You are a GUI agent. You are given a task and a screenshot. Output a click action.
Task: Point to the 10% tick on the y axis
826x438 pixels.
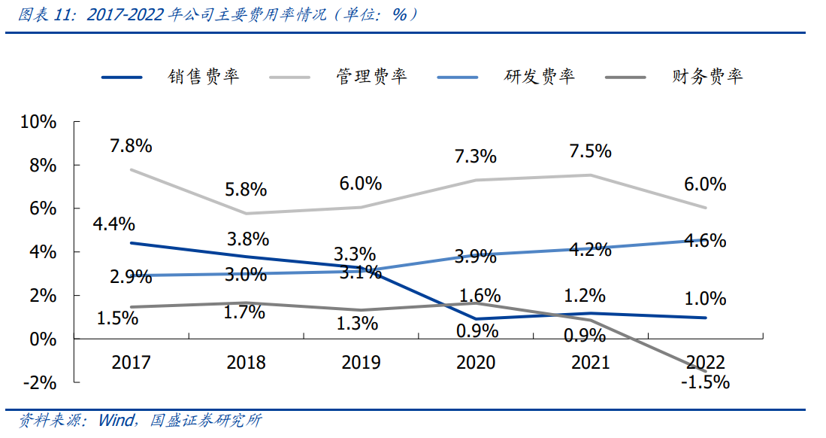coord(37,122)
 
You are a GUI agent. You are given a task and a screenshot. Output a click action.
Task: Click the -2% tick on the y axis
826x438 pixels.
coord(39,382)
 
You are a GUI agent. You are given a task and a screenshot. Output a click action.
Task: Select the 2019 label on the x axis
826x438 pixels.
coord(361,362)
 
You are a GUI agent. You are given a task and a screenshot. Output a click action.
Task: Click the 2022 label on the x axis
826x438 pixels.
coord(705,362)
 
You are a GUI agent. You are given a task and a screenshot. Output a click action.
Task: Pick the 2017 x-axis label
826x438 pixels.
coord(132,362)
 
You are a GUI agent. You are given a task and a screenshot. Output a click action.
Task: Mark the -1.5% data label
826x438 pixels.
coord(705,382)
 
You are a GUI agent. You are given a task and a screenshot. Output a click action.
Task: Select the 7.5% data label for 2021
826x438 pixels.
coord(590,151)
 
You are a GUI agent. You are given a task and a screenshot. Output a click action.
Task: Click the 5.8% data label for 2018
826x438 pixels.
coord(247,190)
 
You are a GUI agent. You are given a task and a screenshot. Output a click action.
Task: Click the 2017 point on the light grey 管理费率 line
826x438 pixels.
coord(132,169)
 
